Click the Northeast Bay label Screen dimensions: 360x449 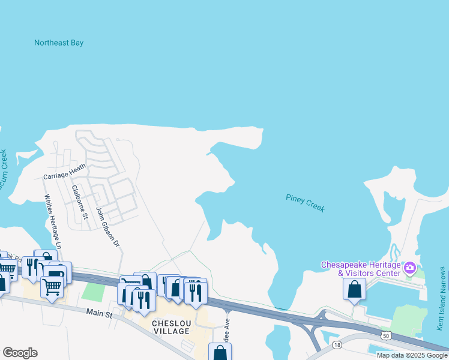pyautogui.click(x=59, y=43)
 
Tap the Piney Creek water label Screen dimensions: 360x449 pyautogui.click(x=305, y=203)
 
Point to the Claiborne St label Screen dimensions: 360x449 pyautogui.click(x=80, y=202)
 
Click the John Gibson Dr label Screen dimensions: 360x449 pyautogui.click(x=109, y=227)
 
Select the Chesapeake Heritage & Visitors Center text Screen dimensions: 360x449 pyautogui.click(x=361, y=269)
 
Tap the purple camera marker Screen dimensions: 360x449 pyautogui.click(x=410, y=267)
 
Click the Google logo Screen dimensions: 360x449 pyautogui.click(x=20, y=353)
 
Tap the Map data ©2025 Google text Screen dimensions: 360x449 pyautogui.click(x=412, y=355)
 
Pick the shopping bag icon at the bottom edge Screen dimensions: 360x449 pyautogui.click(x=220, y=353)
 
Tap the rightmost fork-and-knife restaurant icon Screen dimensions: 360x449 pyautogui.click(x=196, y=292)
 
